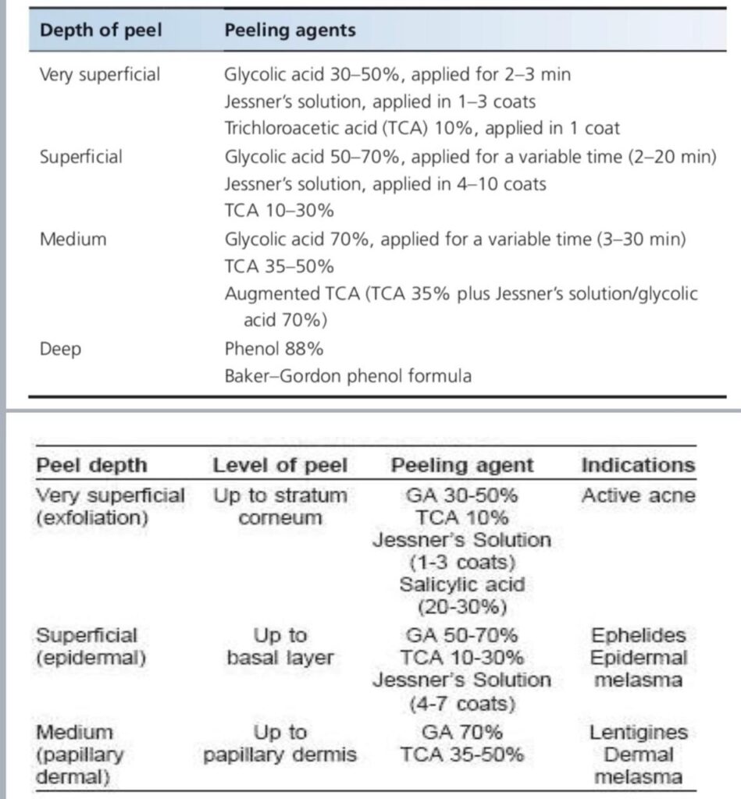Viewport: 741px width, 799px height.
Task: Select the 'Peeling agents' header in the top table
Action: click(x=290, y=30)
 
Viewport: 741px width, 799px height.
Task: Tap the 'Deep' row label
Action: click(x=60, y=348)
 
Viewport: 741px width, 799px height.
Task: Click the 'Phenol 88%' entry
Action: click(x=273, y=348)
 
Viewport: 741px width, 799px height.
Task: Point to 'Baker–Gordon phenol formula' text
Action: click(x=347, y=376)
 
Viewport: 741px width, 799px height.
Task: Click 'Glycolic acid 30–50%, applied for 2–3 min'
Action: click(x=397, y=75)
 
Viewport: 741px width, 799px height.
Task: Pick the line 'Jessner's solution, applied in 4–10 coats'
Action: click(x=385, y=184)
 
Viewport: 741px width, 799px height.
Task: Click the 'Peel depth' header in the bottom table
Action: click(x=91, y=466)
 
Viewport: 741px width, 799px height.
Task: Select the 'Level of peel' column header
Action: click(x=280, y=466)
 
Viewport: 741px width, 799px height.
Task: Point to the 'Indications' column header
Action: click(x=637, y=466)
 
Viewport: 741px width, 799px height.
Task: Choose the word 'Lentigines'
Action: click(x=638, y=733)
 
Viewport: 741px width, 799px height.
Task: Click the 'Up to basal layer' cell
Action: click(x=280, y=646)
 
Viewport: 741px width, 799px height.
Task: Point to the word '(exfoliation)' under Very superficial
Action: click(x=92, y=517)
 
